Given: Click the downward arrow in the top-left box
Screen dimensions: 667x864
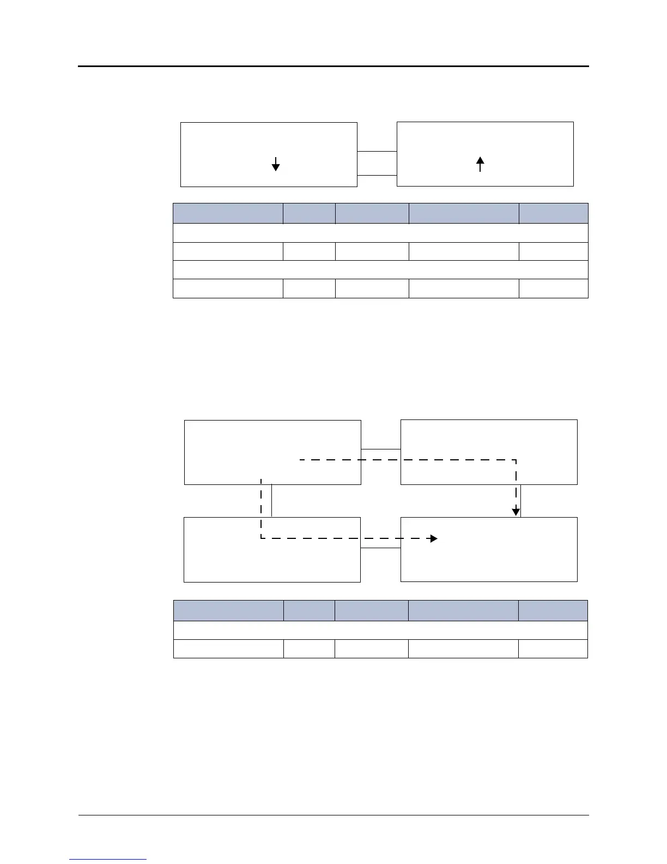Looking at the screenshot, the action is pos(276,164).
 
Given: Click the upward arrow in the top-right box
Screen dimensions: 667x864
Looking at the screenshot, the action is pos(480,164).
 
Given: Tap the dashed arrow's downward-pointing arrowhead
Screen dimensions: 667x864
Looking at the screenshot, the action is pos(516,512).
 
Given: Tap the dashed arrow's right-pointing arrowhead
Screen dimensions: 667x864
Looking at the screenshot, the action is pos(433,539).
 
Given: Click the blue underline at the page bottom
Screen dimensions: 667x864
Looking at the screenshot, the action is pos(108,860).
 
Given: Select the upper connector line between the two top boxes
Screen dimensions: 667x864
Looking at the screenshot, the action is pos(377,151).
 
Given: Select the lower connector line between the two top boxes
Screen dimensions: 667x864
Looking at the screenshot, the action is pos(377,175).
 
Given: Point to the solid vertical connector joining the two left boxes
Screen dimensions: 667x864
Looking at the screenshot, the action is pos(271,501).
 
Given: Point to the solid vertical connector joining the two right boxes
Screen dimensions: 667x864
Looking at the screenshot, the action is pos(522,501).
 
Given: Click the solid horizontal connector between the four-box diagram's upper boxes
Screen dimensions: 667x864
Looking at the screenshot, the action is pos(381,449).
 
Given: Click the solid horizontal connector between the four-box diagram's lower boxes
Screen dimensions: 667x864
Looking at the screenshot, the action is pos(380,548).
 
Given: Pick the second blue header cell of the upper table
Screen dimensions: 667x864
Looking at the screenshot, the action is pos(309,213).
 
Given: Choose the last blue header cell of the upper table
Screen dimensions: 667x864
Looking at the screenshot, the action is pos(553,213).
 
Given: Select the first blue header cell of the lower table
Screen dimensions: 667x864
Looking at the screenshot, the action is pos(228,610).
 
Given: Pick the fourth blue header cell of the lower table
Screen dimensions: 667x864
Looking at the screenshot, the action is pos(463,610).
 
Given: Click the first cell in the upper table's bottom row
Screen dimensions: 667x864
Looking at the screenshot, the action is pos(228,289).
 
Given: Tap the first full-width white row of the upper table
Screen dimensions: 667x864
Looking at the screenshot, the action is pos(380,233).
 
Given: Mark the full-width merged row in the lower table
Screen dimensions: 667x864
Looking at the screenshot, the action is pos(380,630).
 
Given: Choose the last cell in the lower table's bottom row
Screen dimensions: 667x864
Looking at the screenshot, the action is pos(553,649).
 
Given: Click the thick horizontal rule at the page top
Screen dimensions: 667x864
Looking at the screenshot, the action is pos(333,67).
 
